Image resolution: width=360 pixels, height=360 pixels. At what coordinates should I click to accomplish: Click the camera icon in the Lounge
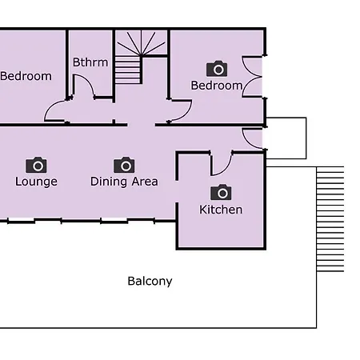click(36, 165)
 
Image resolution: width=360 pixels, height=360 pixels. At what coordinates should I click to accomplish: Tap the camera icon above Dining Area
click(124, 165)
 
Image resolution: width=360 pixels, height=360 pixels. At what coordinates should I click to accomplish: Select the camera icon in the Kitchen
click(221, 192)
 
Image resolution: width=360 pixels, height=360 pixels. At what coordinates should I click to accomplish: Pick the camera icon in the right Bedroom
click(217, 69)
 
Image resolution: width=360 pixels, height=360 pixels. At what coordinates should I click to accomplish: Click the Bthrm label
click(90, 62)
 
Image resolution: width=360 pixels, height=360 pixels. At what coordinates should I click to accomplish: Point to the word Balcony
click(150, 282)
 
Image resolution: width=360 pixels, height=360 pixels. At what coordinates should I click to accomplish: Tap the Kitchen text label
click(221, 210)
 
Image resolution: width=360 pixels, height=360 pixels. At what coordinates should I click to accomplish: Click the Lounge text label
click(36, 182)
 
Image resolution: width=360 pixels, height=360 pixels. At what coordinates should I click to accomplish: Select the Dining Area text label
click(124, 182)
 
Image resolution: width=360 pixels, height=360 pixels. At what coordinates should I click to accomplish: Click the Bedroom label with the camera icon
click(217, 86)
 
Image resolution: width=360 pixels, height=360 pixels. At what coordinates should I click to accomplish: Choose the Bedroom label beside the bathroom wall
click(26, 76)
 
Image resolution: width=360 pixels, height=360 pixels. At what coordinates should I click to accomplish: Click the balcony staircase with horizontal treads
click(330, 219)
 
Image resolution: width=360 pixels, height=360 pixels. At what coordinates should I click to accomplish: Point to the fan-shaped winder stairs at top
click(141, 42)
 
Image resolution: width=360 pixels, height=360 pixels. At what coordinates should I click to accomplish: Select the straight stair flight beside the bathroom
click(128, 70)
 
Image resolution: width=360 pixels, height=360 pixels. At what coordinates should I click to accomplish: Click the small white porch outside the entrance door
click(286, 138)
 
